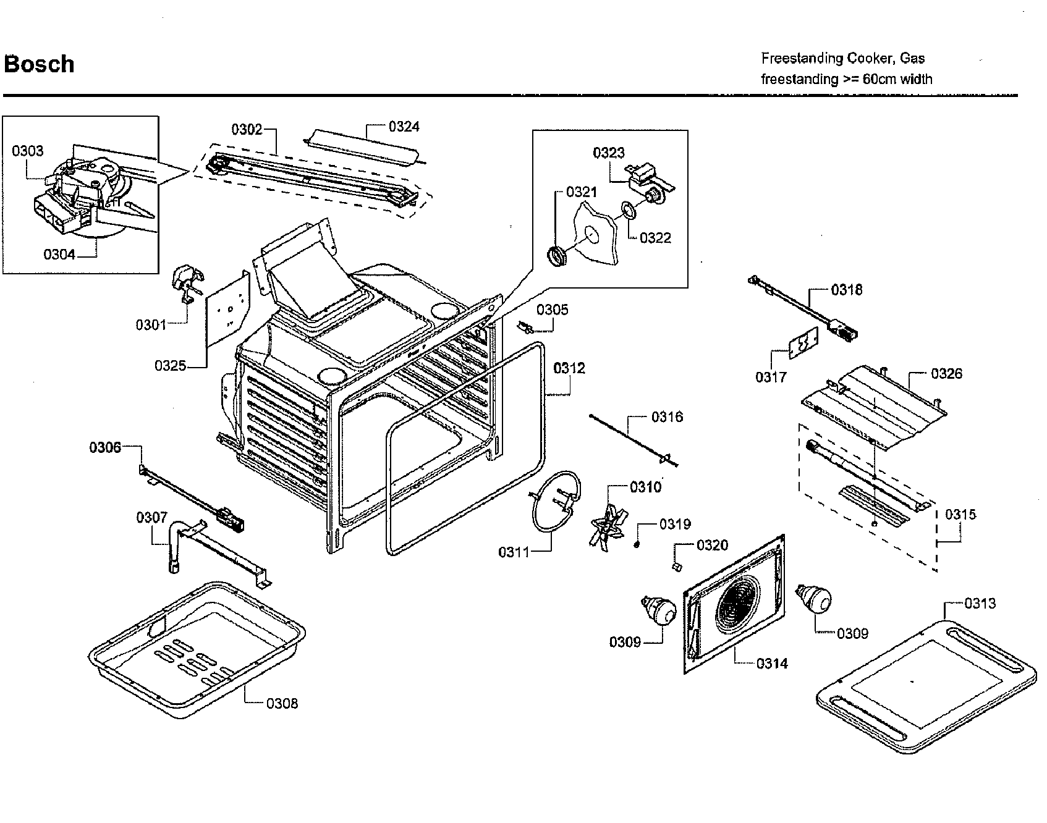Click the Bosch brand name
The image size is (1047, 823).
click(40, 64)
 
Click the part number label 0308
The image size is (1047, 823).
click(282, 703)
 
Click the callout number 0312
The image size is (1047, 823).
click(569, 368)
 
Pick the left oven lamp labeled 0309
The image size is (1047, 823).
click(658, 612)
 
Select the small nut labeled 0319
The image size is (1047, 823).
click(636, 544)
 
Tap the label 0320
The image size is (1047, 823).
click(712, 545)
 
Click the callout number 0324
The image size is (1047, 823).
click(404, 127)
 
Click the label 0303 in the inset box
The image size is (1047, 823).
click(28, 151)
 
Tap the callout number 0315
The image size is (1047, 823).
click(960, 514)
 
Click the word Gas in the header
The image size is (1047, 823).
click(912, 58)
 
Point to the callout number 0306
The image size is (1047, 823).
click(105, 447)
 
